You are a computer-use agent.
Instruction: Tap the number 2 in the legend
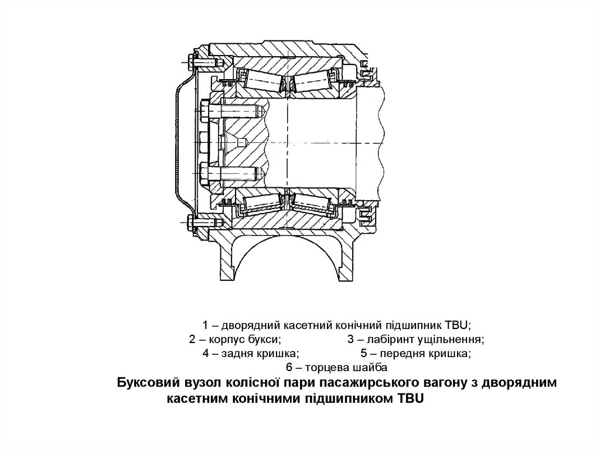193,340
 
